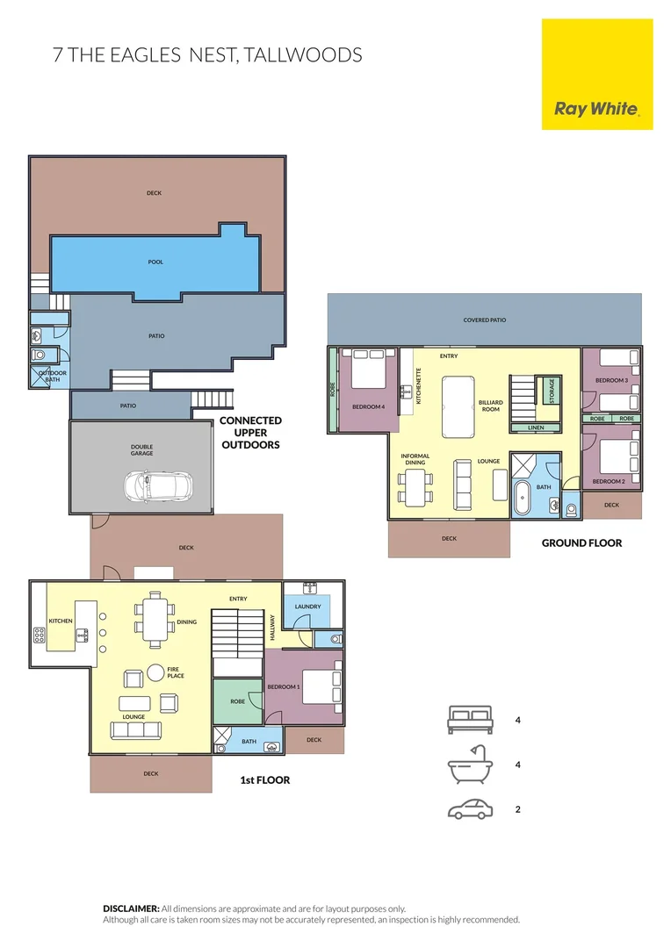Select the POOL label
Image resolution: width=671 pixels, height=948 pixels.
tap(155, 262)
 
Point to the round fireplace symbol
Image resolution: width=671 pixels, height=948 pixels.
tap(155, 672)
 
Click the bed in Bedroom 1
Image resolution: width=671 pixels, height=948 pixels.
tap(321, 686)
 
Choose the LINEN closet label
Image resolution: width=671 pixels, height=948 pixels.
tap(537, 427)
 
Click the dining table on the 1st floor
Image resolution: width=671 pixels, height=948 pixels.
tap(155, 617)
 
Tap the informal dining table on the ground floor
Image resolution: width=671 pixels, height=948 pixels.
tap(415, 487)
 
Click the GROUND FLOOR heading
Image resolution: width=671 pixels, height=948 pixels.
tap(581, 543)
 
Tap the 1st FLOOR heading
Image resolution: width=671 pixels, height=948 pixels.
tap(264, 779)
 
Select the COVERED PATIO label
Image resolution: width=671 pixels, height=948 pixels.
tap(485, 320)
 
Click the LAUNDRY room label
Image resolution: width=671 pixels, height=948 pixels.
tap(307, 607)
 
